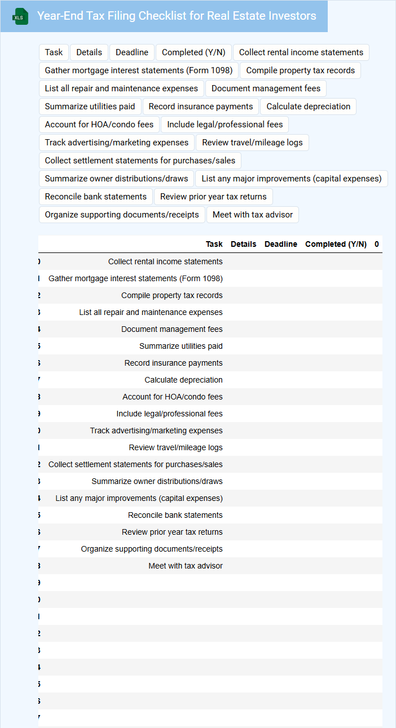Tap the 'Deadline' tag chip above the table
132,52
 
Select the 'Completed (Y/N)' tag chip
193,52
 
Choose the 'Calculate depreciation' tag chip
308,106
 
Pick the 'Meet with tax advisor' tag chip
253,215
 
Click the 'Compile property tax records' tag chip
300,70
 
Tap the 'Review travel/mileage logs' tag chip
252,143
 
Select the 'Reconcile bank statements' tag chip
96,197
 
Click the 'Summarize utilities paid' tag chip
90,106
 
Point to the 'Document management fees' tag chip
266,88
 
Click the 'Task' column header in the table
214,244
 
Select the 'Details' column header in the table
243,244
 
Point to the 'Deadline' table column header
280,244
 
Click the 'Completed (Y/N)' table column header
336,244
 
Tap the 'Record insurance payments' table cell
173,363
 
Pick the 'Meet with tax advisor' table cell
186,566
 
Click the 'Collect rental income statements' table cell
165,261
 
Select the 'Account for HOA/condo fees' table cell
172,397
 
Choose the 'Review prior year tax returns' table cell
172,532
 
